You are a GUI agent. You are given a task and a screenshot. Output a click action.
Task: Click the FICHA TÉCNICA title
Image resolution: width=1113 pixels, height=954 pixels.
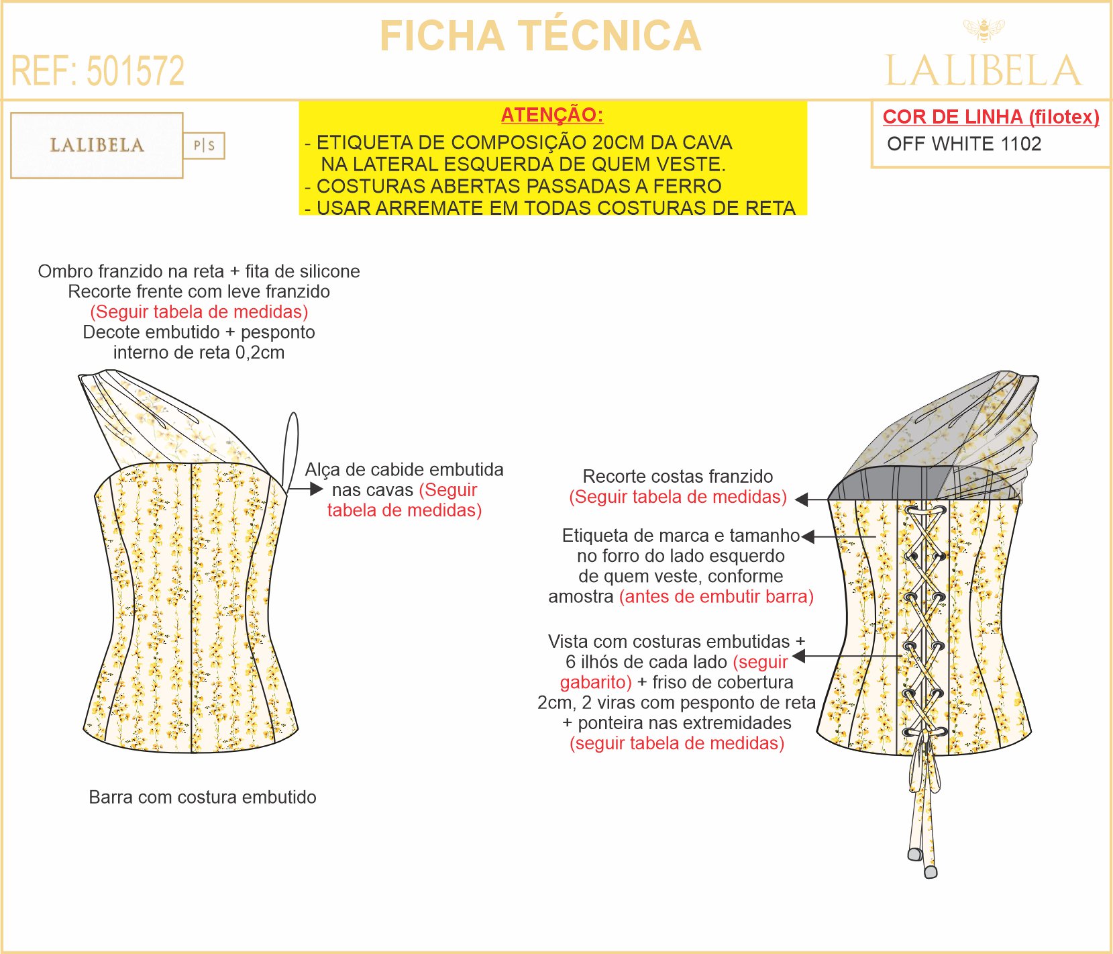(540, 36)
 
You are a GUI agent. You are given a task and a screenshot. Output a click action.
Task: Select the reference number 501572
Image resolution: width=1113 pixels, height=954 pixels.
(136, 71)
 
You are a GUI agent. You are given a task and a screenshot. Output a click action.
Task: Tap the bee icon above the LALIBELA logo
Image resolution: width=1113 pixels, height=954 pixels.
(984, 30)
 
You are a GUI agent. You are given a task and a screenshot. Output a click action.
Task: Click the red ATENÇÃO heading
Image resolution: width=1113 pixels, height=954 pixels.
(552, 115)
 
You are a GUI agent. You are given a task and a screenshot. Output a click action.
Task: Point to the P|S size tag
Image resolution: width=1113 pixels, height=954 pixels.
(204, 146)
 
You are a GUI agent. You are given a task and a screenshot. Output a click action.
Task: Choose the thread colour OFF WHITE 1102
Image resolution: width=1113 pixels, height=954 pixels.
(963, 144)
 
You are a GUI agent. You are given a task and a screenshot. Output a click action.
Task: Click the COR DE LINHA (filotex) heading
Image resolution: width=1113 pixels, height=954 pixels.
(990, 117)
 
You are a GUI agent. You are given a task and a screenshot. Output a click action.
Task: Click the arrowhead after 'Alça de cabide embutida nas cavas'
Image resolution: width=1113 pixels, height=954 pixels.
(317, 489)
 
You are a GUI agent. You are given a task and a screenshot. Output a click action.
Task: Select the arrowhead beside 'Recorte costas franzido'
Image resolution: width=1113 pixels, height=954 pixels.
(801, 499)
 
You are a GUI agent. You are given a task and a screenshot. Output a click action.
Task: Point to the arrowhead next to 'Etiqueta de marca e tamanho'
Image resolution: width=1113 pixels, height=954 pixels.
(808, 536)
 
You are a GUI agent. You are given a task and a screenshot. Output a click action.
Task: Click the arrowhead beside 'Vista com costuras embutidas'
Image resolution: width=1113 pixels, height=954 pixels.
(798, 656)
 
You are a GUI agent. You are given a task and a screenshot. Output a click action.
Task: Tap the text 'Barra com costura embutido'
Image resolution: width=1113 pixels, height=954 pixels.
(203, 797)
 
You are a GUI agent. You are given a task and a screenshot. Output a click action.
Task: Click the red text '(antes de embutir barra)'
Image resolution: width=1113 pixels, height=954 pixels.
(716, 596)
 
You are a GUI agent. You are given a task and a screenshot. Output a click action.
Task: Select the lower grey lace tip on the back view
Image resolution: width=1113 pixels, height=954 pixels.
(930, 871)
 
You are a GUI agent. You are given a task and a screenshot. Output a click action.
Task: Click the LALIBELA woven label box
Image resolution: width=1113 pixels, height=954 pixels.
(97, 145)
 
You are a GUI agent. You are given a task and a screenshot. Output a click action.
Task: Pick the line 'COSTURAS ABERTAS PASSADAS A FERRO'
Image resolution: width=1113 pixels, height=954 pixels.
(519, 186)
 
